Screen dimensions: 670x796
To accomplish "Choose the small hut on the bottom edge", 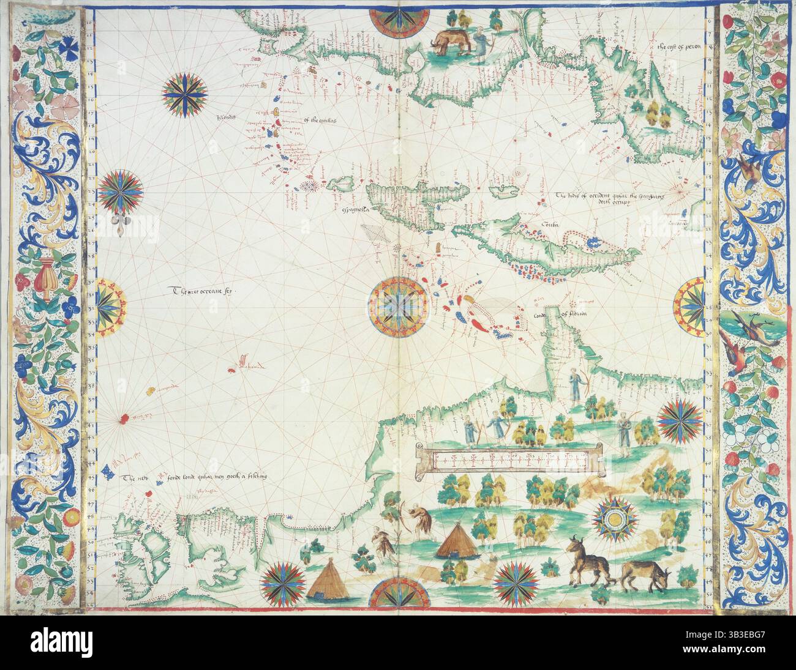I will tap(325, 580).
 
